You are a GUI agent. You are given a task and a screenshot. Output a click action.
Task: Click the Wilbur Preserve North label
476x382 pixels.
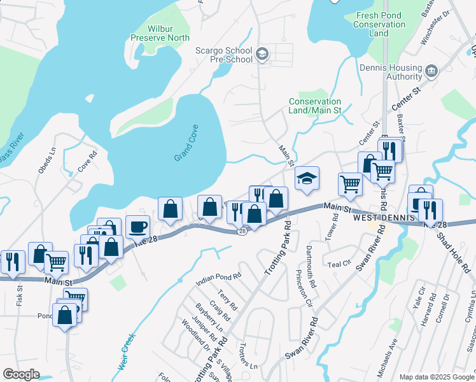160,33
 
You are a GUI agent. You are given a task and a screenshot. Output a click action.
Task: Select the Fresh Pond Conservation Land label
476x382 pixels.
381,24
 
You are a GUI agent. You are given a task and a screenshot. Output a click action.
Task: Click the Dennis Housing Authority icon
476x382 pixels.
431,69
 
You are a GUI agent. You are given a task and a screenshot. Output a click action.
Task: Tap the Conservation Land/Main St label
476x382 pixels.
315,106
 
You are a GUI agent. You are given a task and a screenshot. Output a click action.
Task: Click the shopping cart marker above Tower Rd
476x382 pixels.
350,184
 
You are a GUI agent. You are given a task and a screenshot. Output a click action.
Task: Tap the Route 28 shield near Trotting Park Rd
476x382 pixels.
242,232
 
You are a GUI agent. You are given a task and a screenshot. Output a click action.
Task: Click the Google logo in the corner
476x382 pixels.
21,374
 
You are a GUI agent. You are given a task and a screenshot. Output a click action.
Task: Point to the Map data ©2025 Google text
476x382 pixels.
436,377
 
